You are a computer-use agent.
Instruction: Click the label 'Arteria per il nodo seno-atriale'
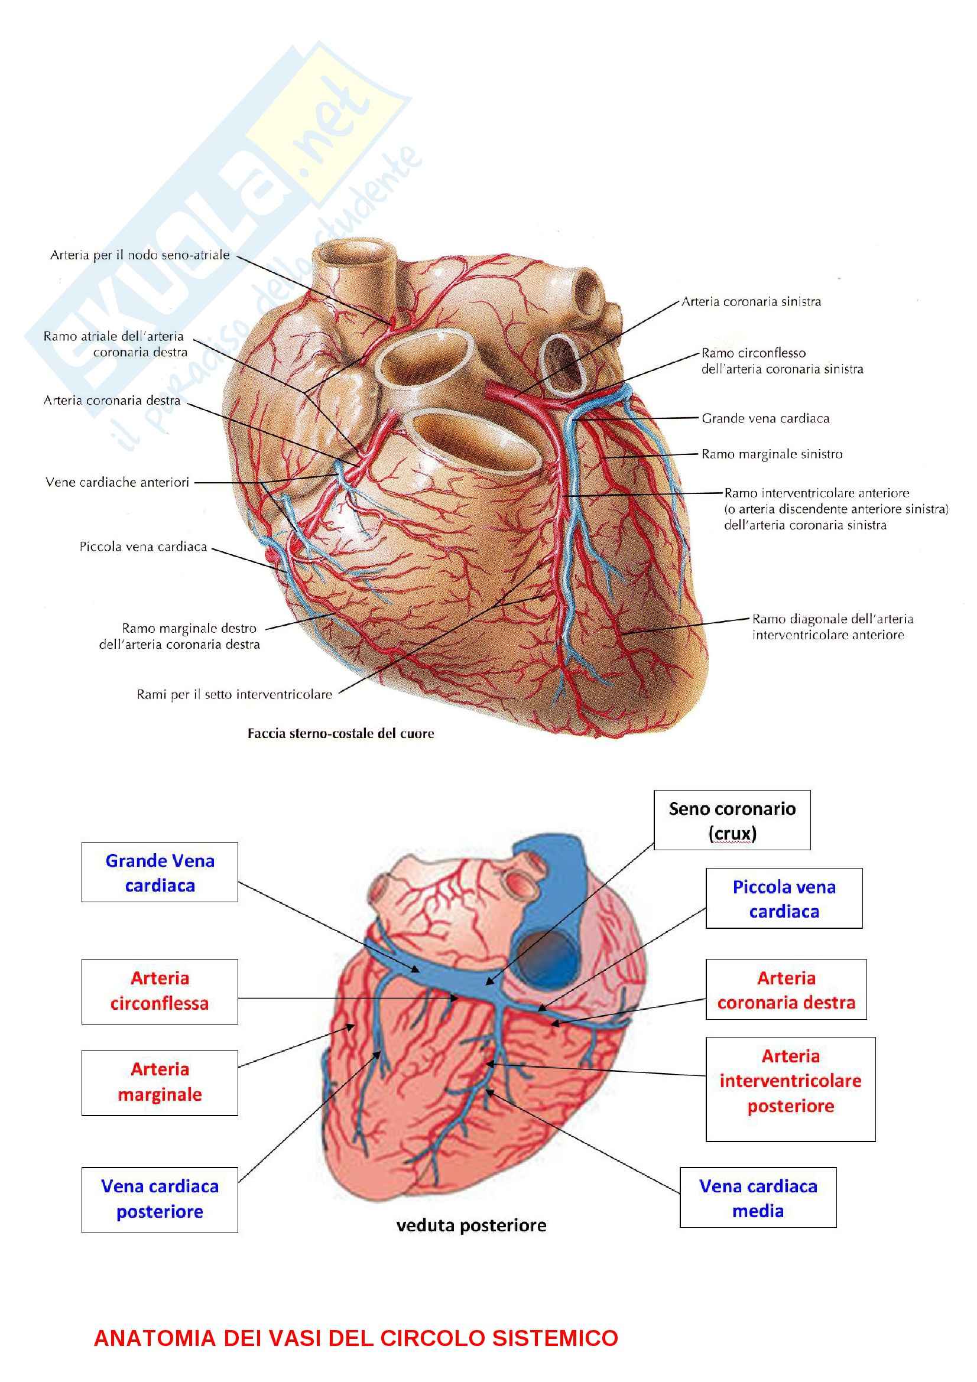pos(139,255)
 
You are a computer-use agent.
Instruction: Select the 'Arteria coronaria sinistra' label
pos(751,301)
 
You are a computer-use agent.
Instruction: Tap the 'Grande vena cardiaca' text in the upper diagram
pos(765,418)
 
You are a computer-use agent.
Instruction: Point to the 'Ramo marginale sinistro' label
pos(772,454)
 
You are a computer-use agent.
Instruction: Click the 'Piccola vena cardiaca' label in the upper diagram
pos(143,547)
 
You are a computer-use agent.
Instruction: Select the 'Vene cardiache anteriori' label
pos(118,482)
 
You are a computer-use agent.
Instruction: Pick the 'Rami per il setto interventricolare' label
pos(234,695)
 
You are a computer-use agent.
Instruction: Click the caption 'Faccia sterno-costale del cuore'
pos(340,733)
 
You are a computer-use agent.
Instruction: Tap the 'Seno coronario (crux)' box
pos(732,821)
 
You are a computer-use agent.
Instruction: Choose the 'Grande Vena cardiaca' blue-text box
pos(160,872)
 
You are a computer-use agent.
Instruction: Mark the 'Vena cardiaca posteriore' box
pos(160,1198)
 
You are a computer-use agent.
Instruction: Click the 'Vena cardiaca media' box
pos(758,1198)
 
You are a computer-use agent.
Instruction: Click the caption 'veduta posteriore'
pos(471,1225)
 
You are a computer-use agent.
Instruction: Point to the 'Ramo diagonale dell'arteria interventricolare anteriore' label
pos(833,626)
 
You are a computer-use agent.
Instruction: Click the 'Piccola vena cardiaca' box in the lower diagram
pos(784,899)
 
